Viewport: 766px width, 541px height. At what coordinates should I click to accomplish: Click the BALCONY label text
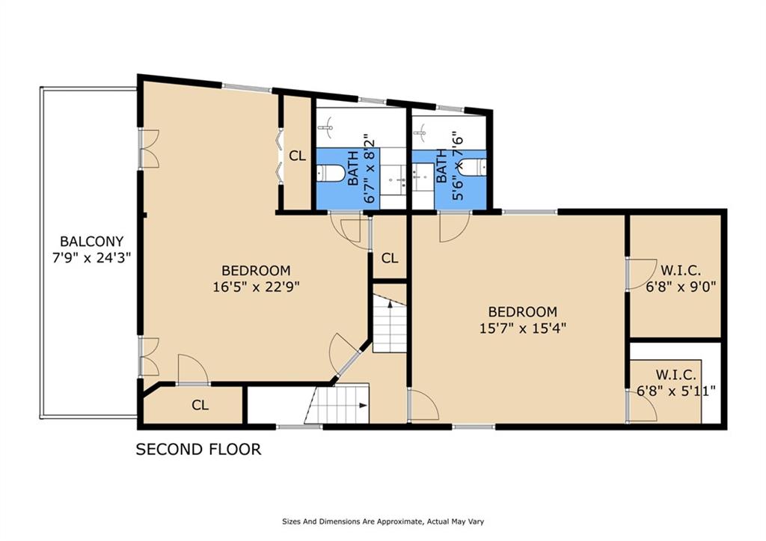coord(91,242)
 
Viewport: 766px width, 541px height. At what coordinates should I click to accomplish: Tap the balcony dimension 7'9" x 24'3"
coord(91,257)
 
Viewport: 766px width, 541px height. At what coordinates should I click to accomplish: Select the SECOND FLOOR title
coord(198,449)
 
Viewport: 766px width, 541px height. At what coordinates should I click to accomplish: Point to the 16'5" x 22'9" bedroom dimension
coord(256,287)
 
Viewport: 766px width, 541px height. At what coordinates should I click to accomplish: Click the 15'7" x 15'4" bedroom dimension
coord(523,328)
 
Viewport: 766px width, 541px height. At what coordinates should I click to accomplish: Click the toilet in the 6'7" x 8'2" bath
coord(328,172)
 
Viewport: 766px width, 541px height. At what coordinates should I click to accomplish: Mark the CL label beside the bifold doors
coord(298,156)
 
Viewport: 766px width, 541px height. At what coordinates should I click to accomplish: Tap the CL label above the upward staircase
coord(389,257)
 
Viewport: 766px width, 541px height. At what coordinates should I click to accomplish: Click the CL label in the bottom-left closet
coord(200,405)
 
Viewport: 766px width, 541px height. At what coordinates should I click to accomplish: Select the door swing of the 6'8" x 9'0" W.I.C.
coord(642,275)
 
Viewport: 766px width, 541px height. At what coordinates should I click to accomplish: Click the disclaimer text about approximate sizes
coord(383,522)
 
